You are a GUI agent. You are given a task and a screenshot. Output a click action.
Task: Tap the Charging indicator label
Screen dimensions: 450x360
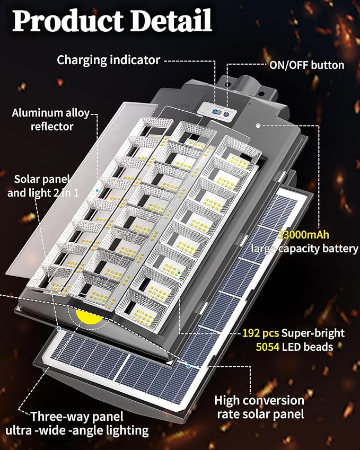pos(108,60)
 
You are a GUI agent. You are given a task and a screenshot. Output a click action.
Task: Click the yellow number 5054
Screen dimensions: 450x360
pos(255,347)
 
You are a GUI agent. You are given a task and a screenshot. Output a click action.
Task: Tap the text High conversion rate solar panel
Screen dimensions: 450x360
pos(259,407)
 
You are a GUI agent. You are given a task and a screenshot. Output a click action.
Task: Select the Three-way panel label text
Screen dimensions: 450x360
pos(77,417)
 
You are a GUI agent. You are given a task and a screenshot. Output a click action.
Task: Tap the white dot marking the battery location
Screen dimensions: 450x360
pos(258,126)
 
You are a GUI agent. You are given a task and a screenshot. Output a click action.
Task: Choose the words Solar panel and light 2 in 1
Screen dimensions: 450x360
pos(43,186)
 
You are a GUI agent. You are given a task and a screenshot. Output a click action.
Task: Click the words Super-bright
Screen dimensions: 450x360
pos(313,333)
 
